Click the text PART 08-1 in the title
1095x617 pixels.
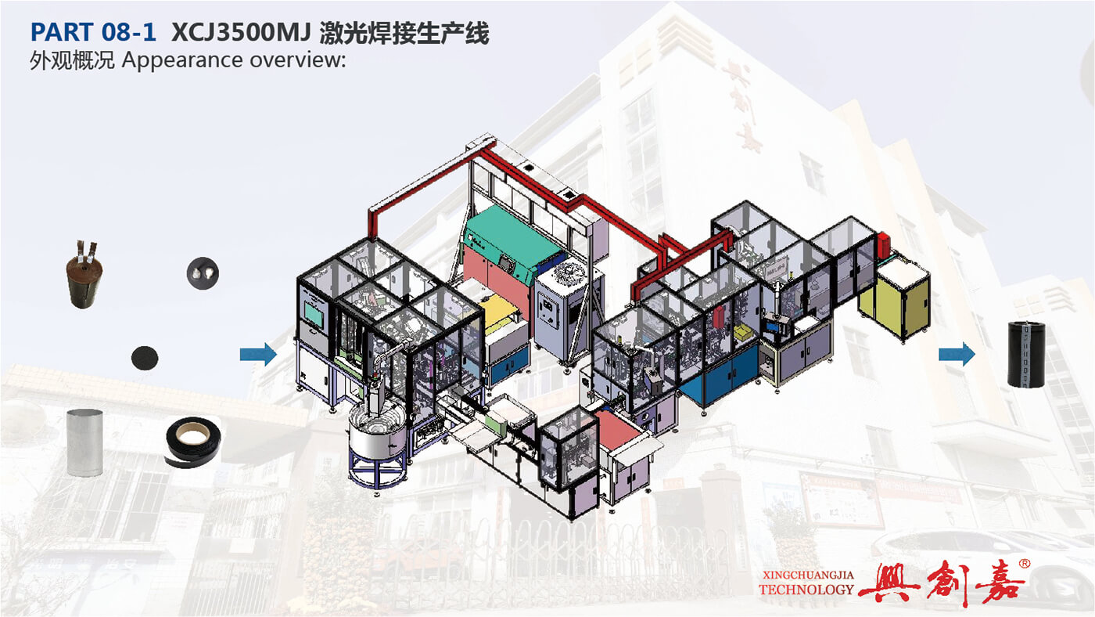[x=93, y=32]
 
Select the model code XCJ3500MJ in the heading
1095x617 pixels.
[x=241, y=33]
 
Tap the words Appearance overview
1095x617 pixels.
[x=234, y=60]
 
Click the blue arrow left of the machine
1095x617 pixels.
[x=258, y=354]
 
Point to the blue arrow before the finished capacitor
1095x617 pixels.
[x=957, y=354]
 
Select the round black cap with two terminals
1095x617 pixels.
[x=203, y=273]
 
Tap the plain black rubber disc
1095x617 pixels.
[x=145, y=358]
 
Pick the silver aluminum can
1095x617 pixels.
[x=84, y=442]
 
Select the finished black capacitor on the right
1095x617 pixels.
[x=1026, y=354]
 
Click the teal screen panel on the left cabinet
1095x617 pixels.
[x=315, y=313]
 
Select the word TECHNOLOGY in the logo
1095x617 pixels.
[x=806, y=590]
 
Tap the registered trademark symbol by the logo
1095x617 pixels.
[x=1024, y=564]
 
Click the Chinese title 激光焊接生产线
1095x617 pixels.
[x=404, y=33]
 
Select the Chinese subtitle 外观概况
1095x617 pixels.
[x=72, y=60]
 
